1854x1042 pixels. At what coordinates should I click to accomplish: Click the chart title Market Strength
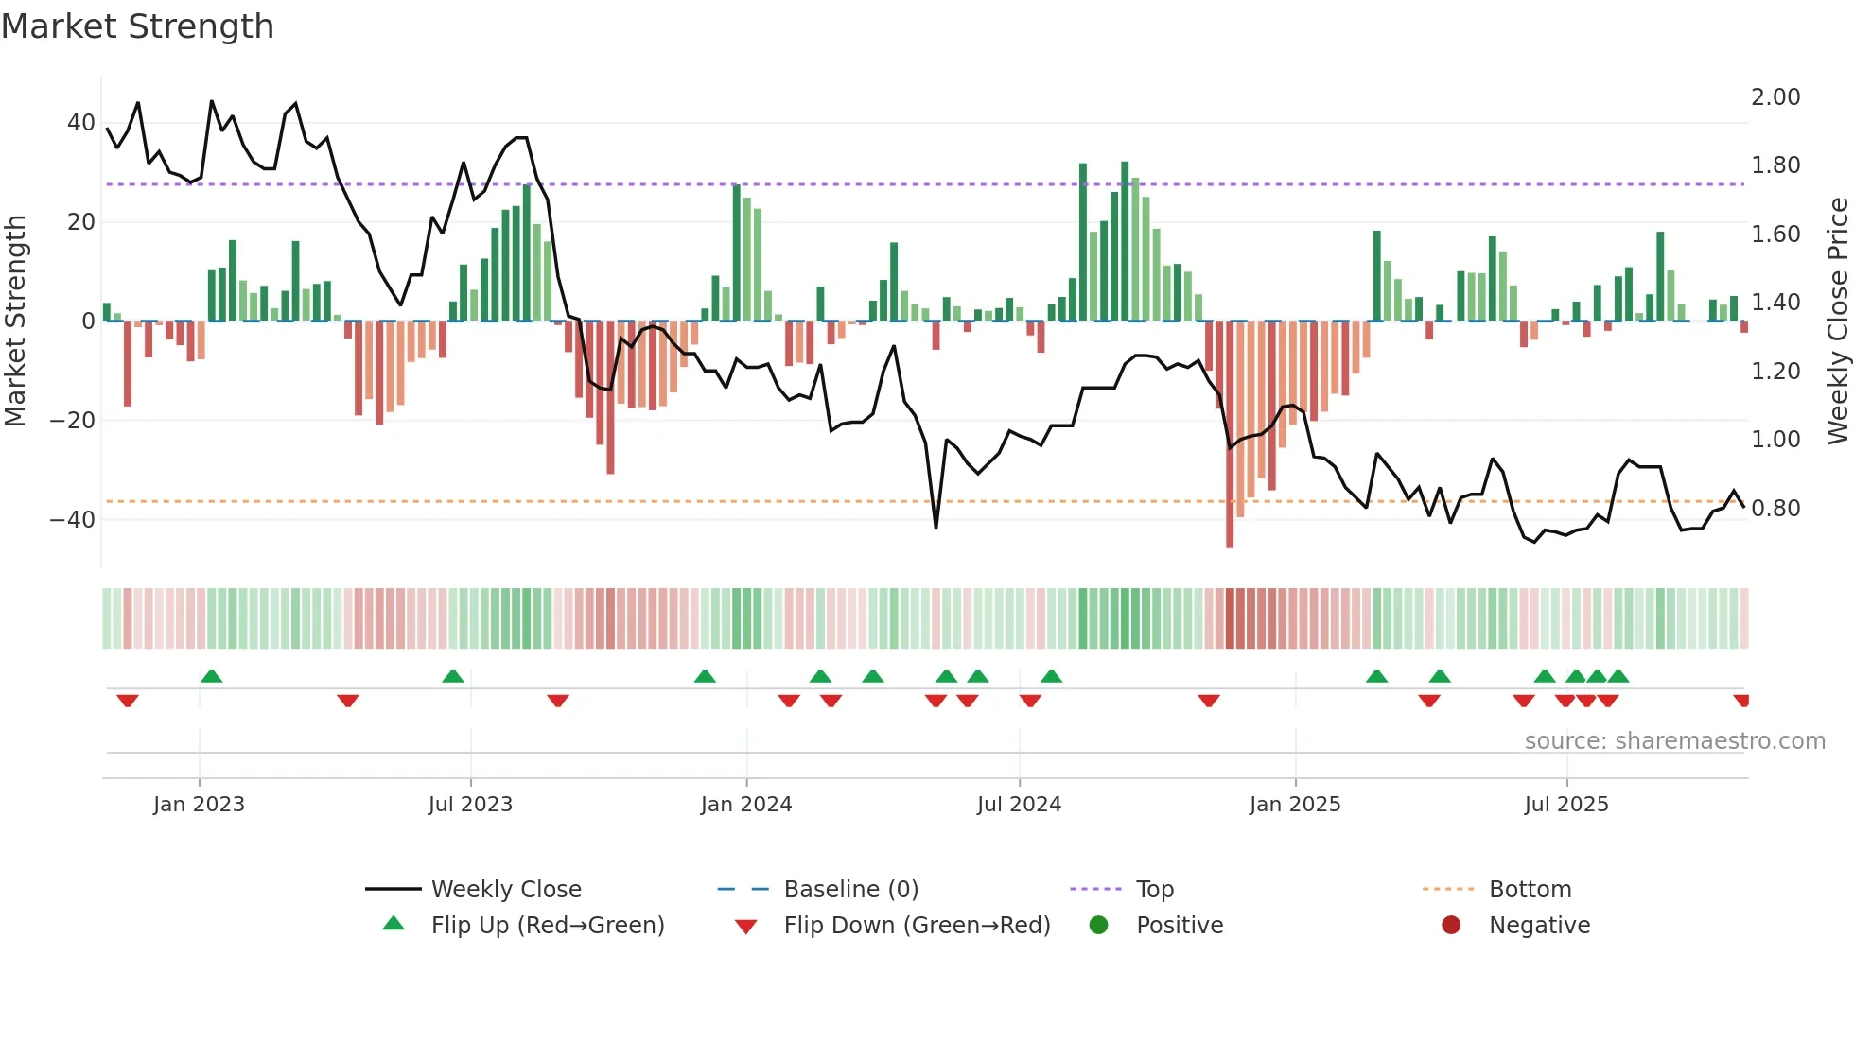[137, 26]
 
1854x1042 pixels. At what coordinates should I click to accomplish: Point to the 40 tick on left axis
[80, 123]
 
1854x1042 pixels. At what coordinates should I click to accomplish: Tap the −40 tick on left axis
[73, 519]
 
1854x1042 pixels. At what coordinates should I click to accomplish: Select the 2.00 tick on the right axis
[1775, 97]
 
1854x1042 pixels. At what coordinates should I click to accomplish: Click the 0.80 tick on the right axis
[1775, 509]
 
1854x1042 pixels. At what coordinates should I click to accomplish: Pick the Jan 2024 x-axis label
[745, 805]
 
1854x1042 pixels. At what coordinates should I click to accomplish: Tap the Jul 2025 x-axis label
[1565, 805]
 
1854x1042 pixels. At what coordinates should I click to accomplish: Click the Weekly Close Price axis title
[1837, 321]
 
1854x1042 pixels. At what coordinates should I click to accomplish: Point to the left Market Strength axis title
[15, 321]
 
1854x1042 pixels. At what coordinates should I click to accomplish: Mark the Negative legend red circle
[1451, 925]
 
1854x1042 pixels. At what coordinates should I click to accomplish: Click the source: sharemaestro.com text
[1674, 741]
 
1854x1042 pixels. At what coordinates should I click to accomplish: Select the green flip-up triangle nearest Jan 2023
[212, 676]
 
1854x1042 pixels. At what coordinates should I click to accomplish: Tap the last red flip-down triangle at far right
[1741, 701]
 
